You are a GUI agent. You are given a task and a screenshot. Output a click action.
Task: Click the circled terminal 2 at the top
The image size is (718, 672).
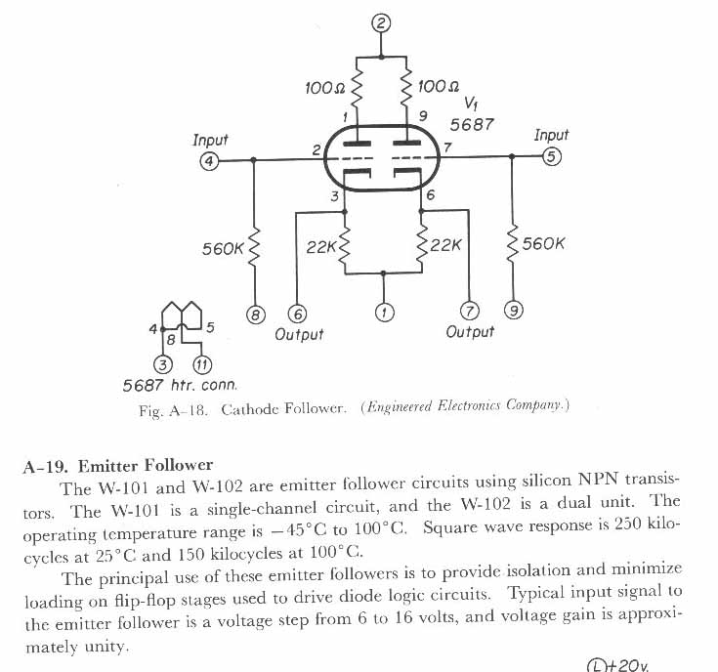(x=382, y=22)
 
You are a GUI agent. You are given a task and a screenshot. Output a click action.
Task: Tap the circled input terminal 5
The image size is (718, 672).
(x=552, y=156)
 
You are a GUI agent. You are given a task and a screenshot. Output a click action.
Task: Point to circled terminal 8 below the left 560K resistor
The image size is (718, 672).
(x=255, y=315)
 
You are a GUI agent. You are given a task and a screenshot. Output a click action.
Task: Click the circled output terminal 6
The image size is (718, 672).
(x=297, y=314)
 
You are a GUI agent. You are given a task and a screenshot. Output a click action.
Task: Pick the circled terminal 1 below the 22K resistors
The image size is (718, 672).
(x=384, y=313)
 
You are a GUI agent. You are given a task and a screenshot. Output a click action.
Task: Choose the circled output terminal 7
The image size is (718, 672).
(x=470, y=312)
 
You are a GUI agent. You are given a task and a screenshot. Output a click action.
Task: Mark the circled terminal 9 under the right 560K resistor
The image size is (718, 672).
(x=513, y=311)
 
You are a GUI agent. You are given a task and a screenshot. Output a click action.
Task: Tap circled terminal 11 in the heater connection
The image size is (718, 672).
(x=201, y=365)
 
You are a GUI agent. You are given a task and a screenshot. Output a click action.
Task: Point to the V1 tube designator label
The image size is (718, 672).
(x=471, y=104)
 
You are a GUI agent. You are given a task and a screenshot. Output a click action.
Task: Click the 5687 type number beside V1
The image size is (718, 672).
(x=472, y=124)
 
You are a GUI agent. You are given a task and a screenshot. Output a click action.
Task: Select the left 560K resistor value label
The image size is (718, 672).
(x=222, y=249)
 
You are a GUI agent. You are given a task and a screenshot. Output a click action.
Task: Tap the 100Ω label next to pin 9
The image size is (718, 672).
(x=439, y=87)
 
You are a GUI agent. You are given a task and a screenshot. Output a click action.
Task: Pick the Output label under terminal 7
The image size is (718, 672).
(x=470, y=332)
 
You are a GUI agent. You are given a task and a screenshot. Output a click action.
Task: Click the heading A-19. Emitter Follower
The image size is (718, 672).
(x=117, y=465)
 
